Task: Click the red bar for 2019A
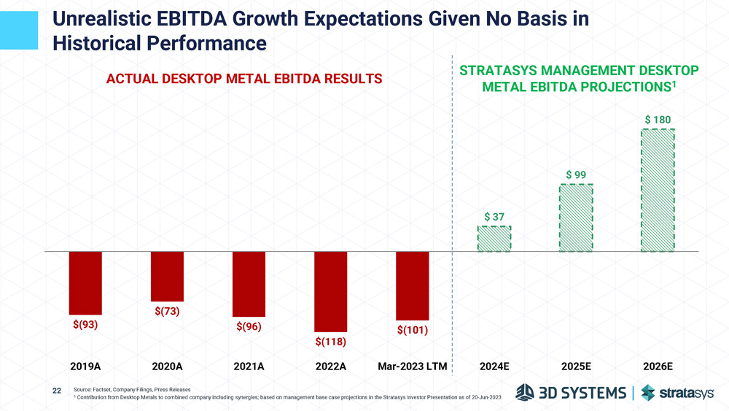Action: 85,283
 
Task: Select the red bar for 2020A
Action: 167,276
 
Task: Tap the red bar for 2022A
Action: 330,291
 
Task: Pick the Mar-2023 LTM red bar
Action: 413,285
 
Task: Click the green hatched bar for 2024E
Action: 494,239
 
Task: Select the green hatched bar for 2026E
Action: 658,191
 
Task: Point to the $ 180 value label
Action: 658,119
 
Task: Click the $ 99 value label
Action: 576,174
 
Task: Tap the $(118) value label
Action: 330,341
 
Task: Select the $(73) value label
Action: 167,311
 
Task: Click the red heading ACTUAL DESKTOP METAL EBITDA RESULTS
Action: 244,79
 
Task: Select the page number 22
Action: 57,391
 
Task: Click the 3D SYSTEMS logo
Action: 570,393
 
